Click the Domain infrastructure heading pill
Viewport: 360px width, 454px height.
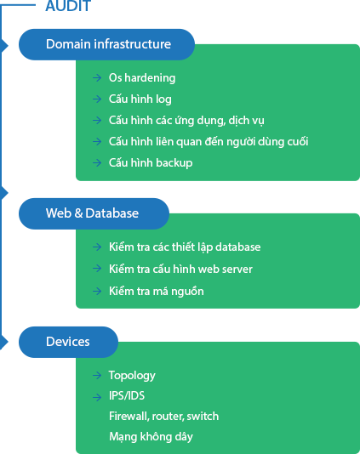click(x=106, y=44)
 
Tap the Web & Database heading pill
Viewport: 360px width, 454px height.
click(x=94, y=213)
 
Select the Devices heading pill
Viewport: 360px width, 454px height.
click(x=68, y=343)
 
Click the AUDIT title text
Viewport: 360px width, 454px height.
click(x=68, y=6)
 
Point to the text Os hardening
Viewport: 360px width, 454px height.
click(x=142, y=78)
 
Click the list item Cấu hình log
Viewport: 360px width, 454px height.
click(x=140, y=99)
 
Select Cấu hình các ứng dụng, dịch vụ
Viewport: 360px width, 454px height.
click(x=186, y=120)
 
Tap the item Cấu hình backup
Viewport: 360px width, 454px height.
click(x=151, y=162)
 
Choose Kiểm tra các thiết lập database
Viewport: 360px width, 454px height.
click(x=185, y=247)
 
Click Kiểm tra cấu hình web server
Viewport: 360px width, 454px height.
click(x=180, y=269)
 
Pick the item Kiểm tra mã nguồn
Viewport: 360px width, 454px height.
click(x=157, y=291)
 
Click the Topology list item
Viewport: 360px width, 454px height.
click(x=132, y=376)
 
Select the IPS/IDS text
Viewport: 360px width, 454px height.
click(x=127, y=396)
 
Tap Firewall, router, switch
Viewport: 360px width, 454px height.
click(x=163, y=417)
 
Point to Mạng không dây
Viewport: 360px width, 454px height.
click(x=151, y=437)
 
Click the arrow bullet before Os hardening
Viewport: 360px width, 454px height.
click(x=97, y=77)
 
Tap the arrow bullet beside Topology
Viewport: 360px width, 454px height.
click(x=97, y=376)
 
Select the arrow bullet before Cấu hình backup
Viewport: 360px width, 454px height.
click(x=97, y=162)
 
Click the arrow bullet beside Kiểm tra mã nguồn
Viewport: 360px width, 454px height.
click(x=97, y=291)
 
